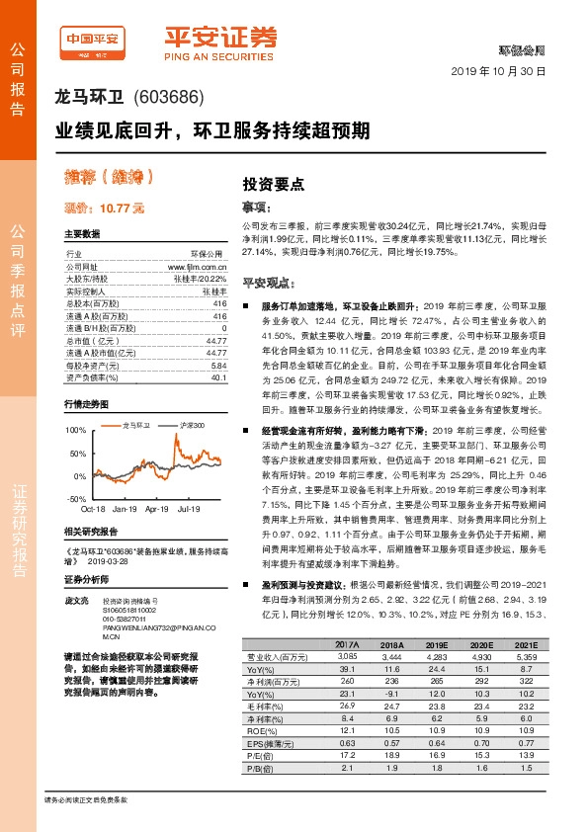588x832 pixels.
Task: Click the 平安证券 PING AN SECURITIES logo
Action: (219, 41)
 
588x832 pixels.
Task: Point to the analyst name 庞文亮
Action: (76, 600)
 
